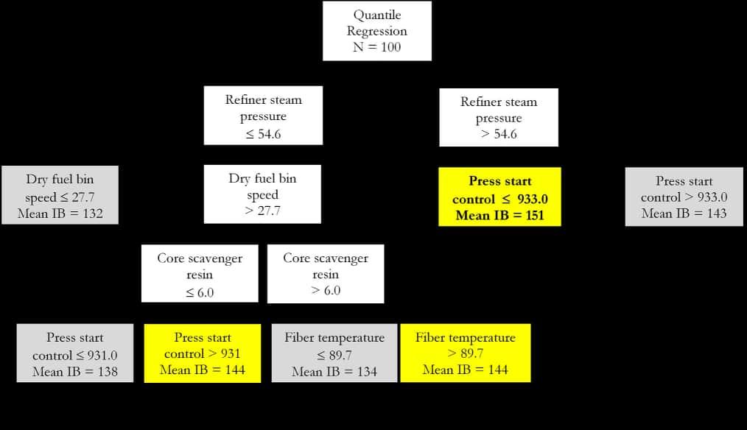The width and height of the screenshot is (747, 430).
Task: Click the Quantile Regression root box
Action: coord(376,32)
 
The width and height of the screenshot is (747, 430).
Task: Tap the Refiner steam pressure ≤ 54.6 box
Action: coord(263,117)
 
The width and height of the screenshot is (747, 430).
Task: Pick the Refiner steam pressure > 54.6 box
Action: coord(499,118)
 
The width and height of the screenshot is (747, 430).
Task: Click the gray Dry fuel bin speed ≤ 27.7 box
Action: coord(60,196)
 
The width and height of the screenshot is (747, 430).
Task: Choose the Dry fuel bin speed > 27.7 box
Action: coord(262,194)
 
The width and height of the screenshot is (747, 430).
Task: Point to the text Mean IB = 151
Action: coord(499,215)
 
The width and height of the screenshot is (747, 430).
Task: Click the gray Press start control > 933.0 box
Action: coord(684,197)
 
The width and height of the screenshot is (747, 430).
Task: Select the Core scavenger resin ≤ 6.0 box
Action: coord(200,275)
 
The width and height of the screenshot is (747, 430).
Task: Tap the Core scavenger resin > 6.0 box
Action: coord(325,275)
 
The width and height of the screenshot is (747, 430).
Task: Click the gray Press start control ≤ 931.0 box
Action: coord(75,354)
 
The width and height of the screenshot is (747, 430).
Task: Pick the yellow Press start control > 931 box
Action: coord(203,353)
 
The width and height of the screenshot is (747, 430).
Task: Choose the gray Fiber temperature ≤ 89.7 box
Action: coord(334,354)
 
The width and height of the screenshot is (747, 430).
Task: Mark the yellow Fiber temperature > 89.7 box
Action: coord(465,353)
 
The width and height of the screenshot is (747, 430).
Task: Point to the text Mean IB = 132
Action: coord(60,214)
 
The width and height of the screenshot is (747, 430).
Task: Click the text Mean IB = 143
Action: coord(684,214)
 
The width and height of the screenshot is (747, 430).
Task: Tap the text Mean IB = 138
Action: coord(75,371)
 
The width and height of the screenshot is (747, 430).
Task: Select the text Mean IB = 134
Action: coord(334,371)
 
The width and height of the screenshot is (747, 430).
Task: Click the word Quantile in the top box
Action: coord(376,15)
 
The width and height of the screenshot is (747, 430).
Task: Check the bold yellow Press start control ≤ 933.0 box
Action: coord(499,197)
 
